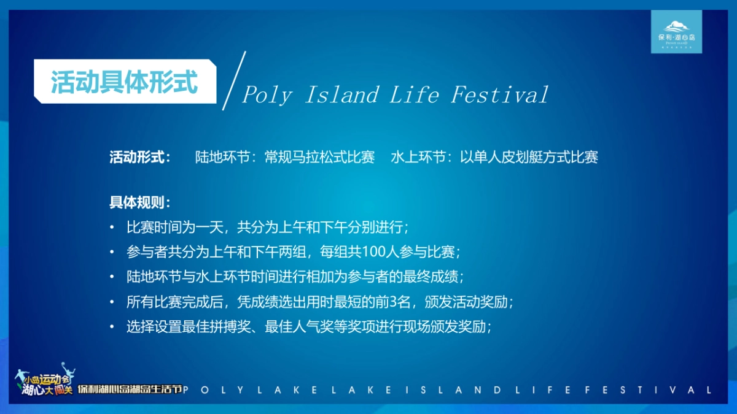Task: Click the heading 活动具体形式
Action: (x=124, y=82)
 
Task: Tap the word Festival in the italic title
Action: (x=499, y=96)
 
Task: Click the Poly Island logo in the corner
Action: (x=676, y=32)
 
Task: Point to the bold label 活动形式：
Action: (x=140, y=158)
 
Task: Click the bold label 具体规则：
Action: (x=140, y=202)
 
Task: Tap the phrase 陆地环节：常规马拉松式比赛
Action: (x=285, y=158)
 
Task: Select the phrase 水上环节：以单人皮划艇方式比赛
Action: (x=494, y=158)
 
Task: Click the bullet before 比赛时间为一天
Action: (x=112, y=228)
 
